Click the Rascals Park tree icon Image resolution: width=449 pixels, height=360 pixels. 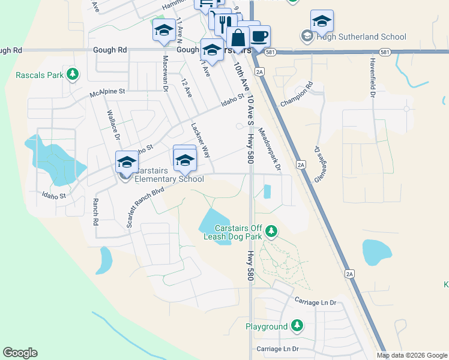tap(73, 74)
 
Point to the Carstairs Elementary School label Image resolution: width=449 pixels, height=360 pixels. tap(169, 178)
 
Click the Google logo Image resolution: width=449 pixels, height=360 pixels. tap(20, 353)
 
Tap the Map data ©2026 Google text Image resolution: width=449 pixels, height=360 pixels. tap(412, 355)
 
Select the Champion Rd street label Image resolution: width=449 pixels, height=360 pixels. tap(297, 95)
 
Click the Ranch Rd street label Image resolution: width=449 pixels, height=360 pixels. tap(95, 212)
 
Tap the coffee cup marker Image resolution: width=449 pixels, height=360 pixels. tap(259, 37)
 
